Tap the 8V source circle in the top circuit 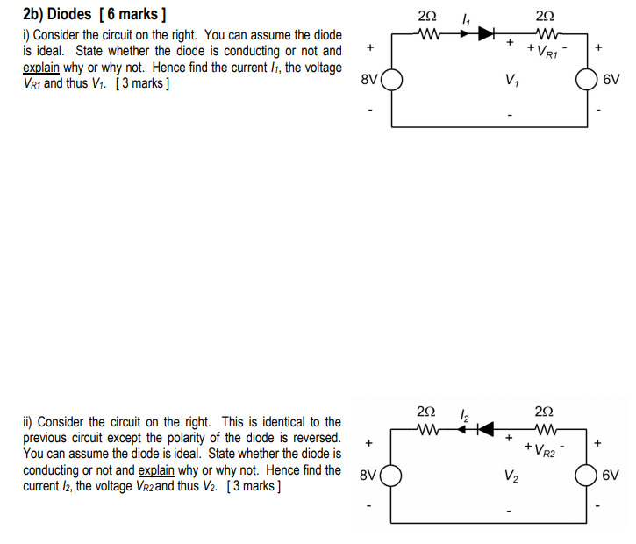[x=390, y=81]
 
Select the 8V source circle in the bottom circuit [x=390, y=476]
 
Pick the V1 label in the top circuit [x=510, y=82]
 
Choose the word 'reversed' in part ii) [x=314, y=438]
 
